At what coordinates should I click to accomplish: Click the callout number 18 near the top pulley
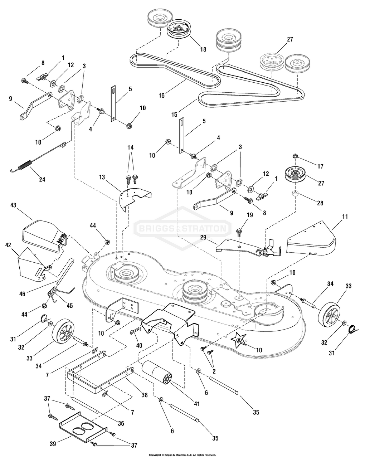[x=203, y=50]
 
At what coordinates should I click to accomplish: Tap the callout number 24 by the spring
[x=42, y=179]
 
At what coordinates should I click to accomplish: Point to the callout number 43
[x=14, y=205]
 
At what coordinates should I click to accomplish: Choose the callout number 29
[x=214, y=238]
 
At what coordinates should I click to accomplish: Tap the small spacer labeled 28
[x=296, y=195]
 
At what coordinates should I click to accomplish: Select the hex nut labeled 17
[x=296, y=156]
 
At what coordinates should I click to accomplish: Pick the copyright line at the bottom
[x=182, y=454]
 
